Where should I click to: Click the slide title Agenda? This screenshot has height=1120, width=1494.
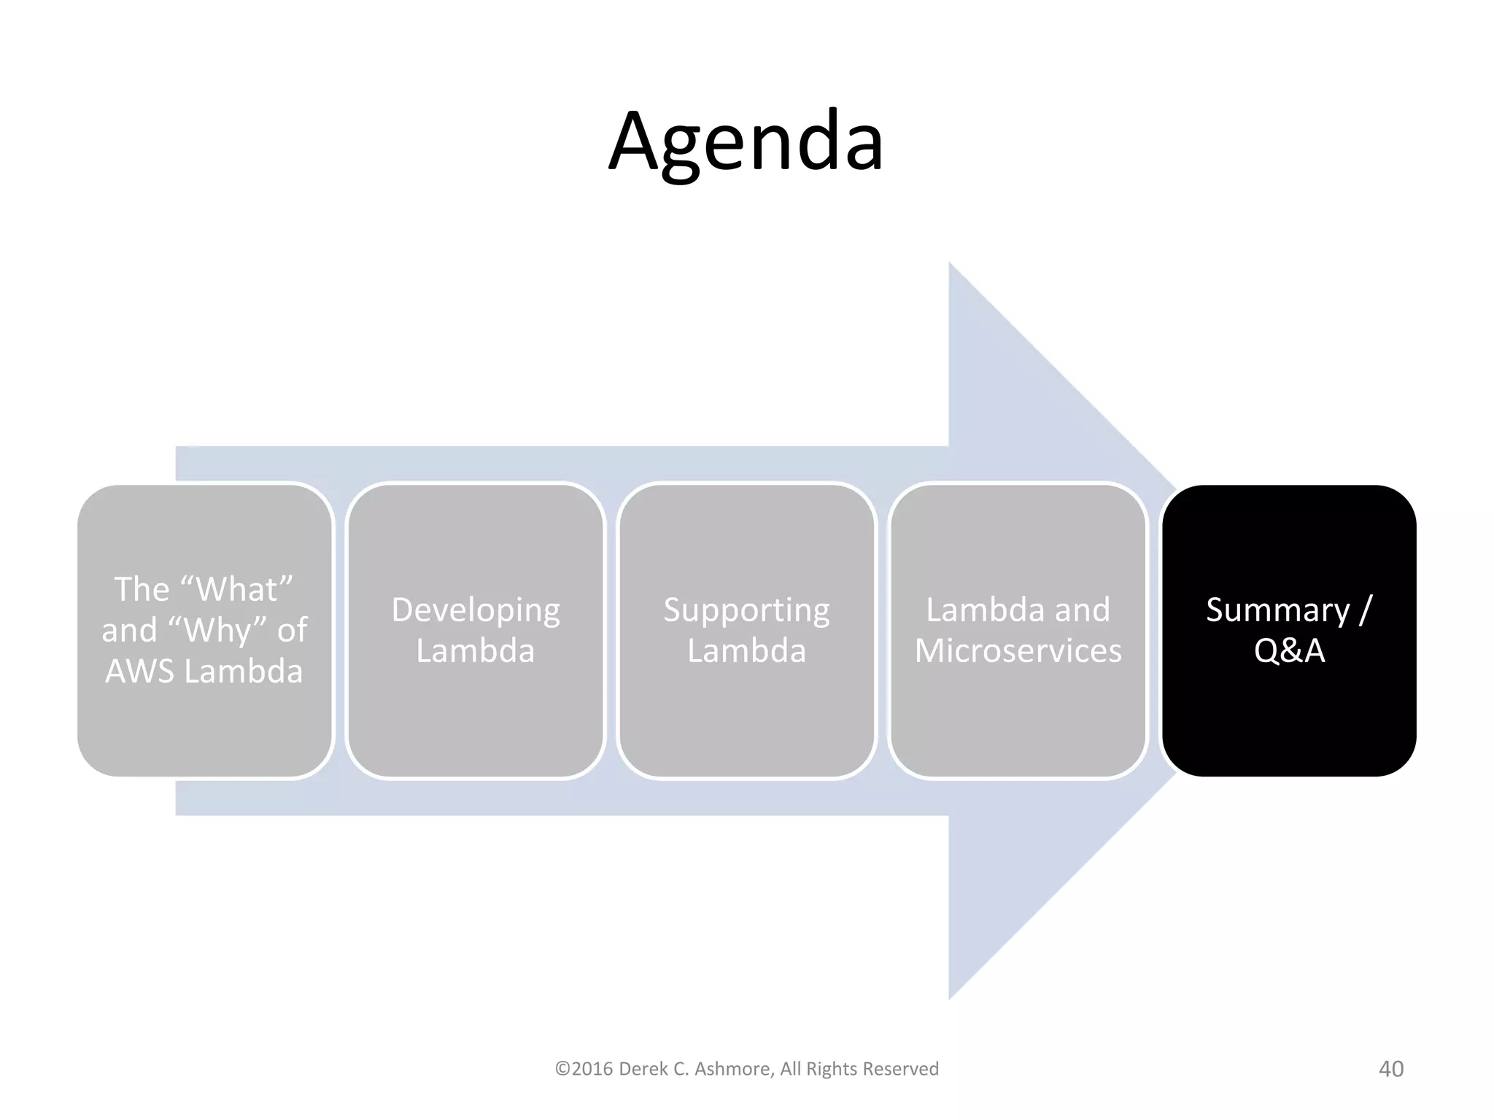pyautogui.click(x=746, y=141)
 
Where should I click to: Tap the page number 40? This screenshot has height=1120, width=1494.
pyautogui.click(x=1390, y=1069)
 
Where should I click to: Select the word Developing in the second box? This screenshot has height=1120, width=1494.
pyautogui.click(x=476, y=610)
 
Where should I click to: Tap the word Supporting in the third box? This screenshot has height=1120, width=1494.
pyautogui.click(x=746, y=610)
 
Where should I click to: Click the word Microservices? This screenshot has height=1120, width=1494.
pyautogui.click(x=1018, y=650)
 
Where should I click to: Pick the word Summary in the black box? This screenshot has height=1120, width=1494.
pyautogui.click(x=1277, y=610)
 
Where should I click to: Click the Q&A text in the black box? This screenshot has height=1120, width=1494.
pyautogui.click(x=1289, y=650)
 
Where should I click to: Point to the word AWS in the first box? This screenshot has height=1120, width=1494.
pyautogui.click(x=139, y=671)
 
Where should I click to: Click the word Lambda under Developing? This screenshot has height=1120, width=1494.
pyautogui.click(x=476, y=650)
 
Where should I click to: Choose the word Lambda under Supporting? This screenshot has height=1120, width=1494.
pyautogui.click(x=746, y=650)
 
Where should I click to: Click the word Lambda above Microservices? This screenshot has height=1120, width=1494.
pyautogui.click(x=978, y=610)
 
